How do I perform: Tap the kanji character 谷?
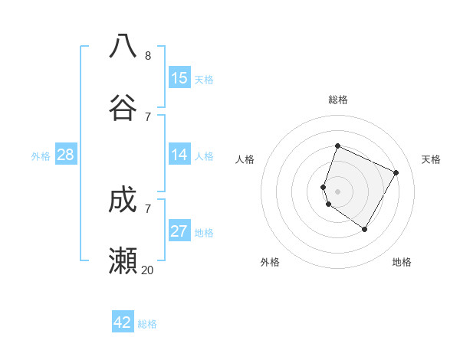tap(123, 107)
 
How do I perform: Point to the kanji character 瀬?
tap(123, 261)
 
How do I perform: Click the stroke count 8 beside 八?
tap(147, 55)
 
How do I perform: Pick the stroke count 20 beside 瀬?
tap(147, 270)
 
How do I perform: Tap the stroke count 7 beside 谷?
tap(147, 116)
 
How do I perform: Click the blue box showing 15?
tap(179, 78)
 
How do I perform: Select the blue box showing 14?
tap(179, 155)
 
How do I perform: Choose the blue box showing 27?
tap(179, 231)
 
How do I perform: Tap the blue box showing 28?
tap(66, 155)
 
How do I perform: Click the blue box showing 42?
tap(123, 322)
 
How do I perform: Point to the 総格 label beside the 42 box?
tap(147, 324)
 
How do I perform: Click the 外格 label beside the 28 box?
tap(41, 156)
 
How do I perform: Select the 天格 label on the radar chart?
tap(431, 159)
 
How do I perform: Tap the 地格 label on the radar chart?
tap(402, 262)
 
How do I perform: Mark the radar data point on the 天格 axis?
tap(396, 172)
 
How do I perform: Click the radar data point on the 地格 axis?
tap(365, 229)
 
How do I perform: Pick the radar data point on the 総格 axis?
tap(337, 146)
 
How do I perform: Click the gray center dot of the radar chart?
tap(337, 191)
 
